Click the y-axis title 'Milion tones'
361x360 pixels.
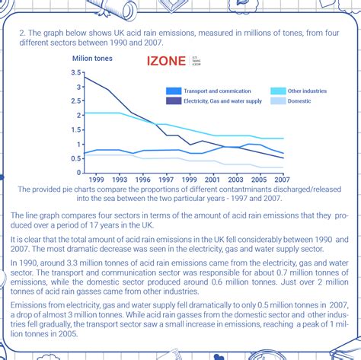pyautogui.click(x=94, y=57)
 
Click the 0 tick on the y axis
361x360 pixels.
pyautogui.click(x=78, y=173)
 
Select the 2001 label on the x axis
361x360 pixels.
pyautogui.click(x=214, y=180)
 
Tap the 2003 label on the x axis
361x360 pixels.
pyautogui.click(x=236, y=180)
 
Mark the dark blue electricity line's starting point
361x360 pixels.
pyautogui.click(x=84, y=78)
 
